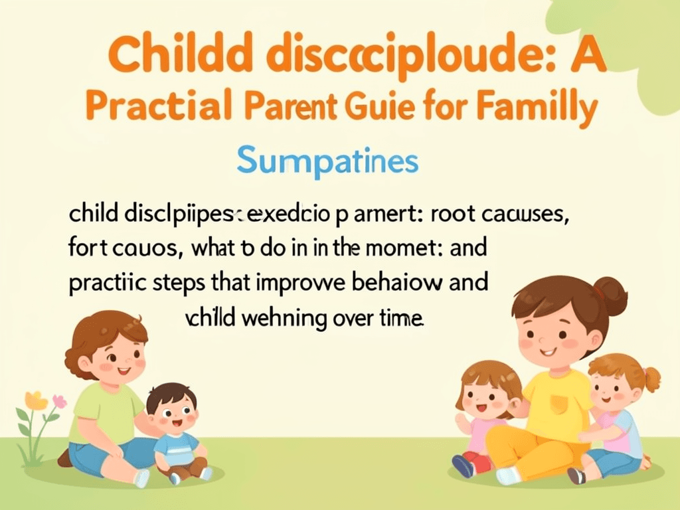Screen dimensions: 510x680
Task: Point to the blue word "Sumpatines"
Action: (327, 161)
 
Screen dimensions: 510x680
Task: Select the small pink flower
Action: (60, 402)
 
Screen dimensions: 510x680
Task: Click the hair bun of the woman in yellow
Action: (611, 296)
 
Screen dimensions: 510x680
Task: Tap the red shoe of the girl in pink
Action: (473, 461)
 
